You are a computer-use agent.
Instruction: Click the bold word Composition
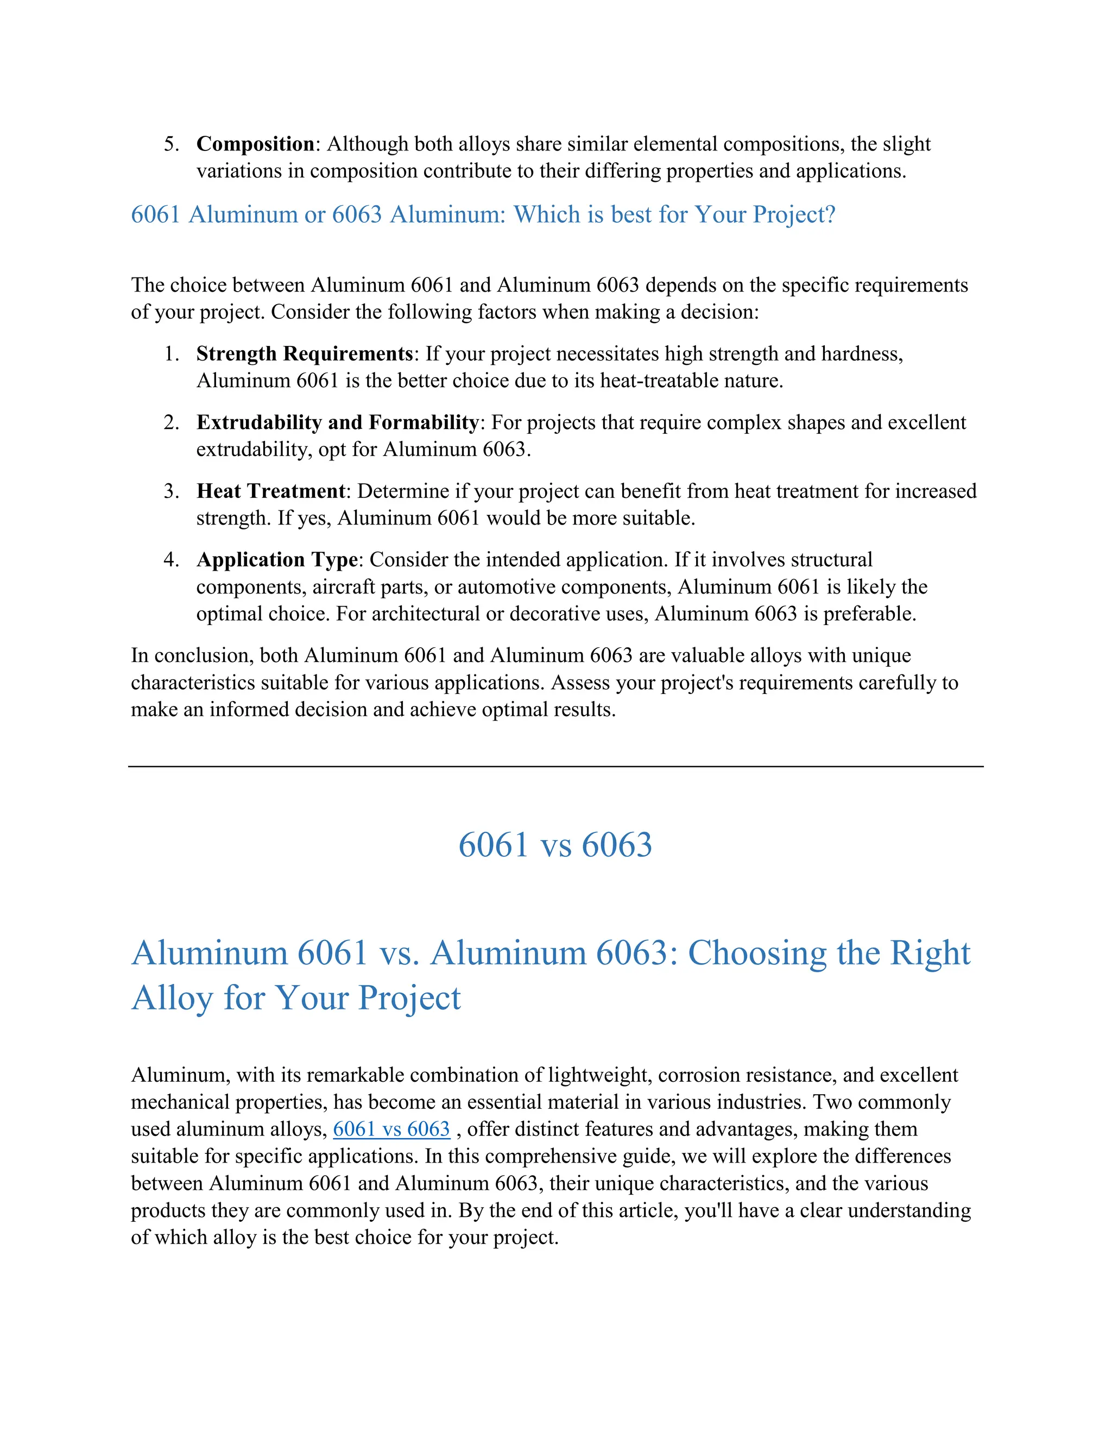coord(256,144)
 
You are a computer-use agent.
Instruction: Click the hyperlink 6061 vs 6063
coord(391,1129)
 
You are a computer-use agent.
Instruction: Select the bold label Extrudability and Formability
coord(337,422)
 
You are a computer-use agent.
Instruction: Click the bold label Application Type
coord(277,559)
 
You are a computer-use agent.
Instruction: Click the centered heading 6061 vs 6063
coord(555,845)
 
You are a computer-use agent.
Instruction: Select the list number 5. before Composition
coord(171,144)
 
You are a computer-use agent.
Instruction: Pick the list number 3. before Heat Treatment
coord(171,491)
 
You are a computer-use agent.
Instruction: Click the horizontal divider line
coord(555,766)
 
